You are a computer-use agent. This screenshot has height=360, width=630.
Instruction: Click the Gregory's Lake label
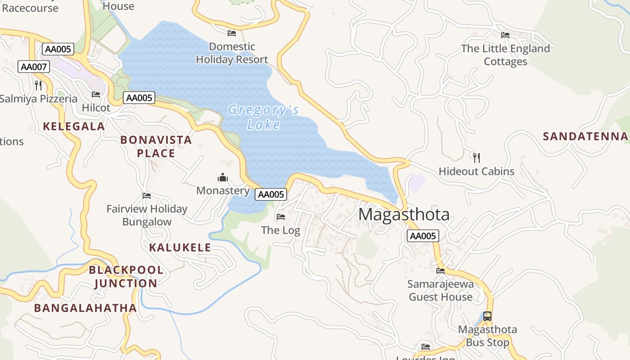point(263,117)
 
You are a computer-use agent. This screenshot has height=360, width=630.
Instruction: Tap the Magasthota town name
point(404,214)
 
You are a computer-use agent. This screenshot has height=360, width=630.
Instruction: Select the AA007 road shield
point(34,67)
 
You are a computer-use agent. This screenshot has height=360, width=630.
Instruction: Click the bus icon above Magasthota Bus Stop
point(487,316)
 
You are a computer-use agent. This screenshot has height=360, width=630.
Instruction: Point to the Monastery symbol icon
point(223,178)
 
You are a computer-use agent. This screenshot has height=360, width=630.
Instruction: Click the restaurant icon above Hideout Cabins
point(477,157)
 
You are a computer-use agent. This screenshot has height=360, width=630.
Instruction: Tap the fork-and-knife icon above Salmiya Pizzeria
point(38,85)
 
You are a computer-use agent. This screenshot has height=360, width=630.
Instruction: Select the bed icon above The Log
point(281,217)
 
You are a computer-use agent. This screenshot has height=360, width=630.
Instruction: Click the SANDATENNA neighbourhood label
point(585,136)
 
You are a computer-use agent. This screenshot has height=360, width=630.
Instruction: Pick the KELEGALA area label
point(74,126)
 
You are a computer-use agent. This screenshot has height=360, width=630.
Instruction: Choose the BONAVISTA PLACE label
point(156,147)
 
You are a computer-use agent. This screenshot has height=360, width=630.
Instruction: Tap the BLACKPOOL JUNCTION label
point(126,277)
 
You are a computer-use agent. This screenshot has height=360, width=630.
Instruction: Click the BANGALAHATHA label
point(85,308)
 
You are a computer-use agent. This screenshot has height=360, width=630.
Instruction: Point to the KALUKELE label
point(180,247)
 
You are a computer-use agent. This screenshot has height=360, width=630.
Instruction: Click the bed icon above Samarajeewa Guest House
point(441,270)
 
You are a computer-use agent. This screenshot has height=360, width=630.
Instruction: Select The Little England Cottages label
point(505,55)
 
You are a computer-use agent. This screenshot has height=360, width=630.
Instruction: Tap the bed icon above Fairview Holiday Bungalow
point(147,196)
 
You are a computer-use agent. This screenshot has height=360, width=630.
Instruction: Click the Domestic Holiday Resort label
point(232,53)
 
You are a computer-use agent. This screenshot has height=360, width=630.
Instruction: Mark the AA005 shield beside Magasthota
point(423,236)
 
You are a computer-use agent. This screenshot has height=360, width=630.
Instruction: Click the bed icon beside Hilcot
point(96,94)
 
